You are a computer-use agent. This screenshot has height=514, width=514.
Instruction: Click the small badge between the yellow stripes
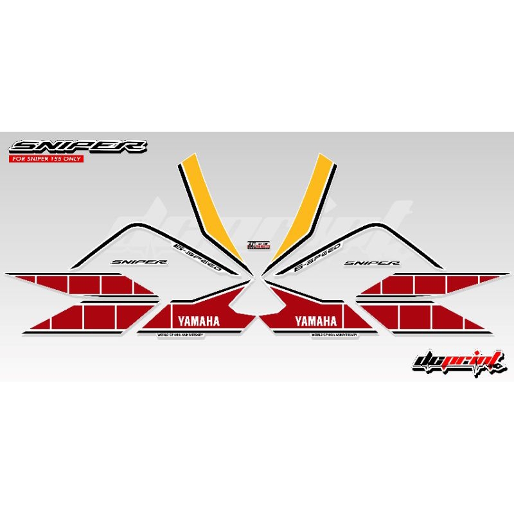tap(256, 246)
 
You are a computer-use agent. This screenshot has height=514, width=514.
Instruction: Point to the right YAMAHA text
tap(316, 321)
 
